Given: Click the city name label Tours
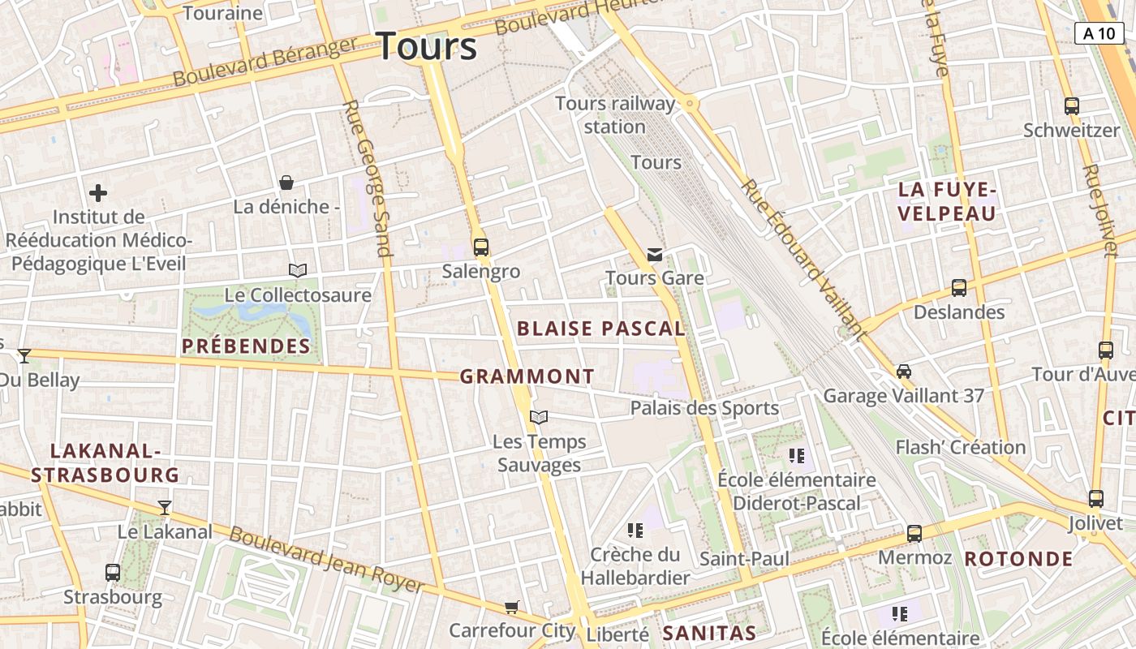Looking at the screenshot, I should (427, 46).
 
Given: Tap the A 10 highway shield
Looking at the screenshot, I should (1099, 33).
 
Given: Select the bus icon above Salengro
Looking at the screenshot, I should (481, 247).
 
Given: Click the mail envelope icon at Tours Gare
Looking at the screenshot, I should (655, 255).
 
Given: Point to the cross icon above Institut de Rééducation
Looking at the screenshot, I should (98, 193).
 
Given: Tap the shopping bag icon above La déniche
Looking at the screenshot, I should (286, 183).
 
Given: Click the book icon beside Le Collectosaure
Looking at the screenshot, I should (298, 270).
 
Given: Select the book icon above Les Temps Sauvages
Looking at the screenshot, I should (539, 418).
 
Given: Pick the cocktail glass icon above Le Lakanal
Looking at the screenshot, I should (165, 508).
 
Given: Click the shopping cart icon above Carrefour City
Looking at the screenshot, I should (511, 607).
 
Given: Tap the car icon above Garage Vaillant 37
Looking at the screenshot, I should (903, 372).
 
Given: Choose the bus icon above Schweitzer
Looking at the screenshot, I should (1071, 106).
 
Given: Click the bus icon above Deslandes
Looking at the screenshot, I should (958, 288).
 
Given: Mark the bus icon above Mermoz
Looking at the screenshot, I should (914, 534).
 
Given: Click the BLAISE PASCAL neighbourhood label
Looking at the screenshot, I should (601, 329).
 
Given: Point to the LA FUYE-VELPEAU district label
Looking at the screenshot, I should (947, 202).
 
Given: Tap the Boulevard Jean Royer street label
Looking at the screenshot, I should (326, 561).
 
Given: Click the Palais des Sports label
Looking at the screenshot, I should (704, 408).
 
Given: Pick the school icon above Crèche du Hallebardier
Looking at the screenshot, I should (635, 531).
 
